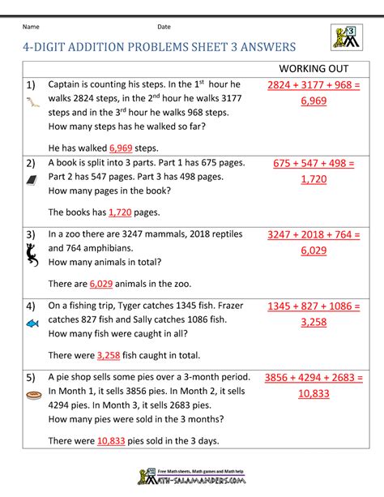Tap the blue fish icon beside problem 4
coord(32,323)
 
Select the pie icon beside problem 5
coord(32,398)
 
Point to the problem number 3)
coord(31,235)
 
